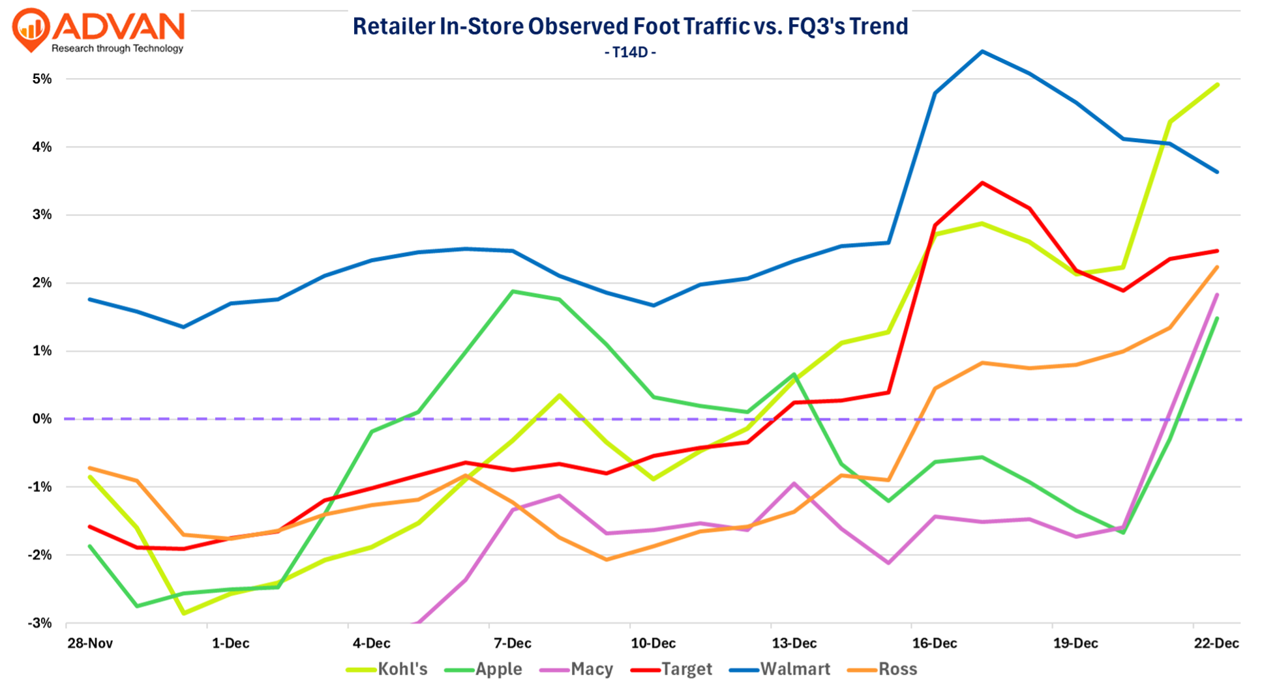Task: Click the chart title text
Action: pos(630,27)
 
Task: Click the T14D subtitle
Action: pos(630,52)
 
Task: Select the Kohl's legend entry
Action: pos(387,669)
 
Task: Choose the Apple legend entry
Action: pos(484,669)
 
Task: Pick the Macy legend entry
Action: pos(577,669)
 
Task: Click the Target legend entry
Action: pos(672,669)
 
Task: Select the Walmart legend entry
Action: pos(780,669)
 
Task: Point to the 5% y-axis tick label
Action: pos(42,79)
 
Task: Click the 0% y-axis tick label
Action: pos(42,419)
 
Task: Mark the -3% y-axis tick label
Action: pos(40,623)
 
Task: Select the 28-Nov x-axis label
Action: pos(90,643)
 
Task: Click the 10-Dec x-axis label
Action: pos(654,643)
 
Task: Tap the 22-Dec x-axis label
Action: pos(1216,643)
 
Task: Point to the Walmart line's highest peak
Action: pos(982,51)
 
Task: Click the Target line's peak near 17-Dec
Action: pos(982,183)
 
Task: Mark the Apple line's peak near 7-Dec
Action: pos(513,291)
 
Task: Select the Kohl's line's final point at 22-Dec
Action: pos(1217,85)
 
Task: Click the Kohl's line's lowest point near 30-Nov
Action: pos(184,613)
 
